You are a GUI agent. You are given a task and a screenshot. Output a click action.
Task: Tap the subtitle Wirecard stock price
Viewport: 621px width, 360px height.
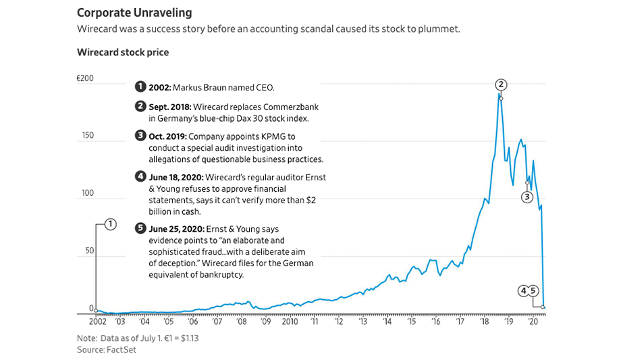click(123, 52)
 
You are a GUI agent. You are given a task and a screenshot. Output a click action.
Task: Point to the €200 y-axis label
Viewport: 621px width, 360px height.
click(85, 79)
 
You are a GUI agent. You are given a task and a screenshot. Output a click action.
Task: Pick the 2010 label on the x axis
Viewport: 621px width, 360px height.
click(291, 323)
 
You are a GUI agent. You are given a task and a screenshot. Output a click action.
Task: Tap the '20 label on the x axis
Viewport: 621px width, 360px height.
click(534, 323)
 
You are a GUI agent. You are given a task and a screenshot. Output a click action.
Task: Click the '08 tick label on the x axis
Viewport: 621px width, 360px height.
click(242, 323)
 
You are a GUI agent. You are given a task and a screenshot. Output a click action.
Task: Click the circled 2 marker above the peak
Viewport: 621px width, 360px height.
click(501, 84)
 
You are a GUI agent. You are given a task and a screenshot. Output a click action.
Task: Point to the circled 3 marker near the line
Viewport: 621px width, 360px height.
click(527, 197)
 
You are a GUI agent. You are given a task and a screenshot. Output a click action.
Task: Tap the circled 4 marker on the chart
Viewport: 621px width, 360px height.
click(523, 291)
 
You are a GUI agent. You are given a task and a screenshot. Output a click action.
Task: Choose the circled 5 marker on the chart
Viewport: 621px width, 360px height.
click(533, 291)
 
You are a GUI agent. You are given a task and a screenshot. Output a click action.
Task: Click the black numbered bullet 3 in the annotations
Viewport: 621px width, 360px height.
click(140, 136)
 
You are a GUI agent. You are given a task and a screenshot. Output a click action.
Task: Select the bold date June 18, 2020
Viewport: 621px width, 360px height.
click(175, 177)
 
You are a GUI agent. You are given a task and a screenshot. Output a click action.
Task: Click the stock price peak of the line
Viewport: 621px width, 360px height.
click(500, 94)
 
